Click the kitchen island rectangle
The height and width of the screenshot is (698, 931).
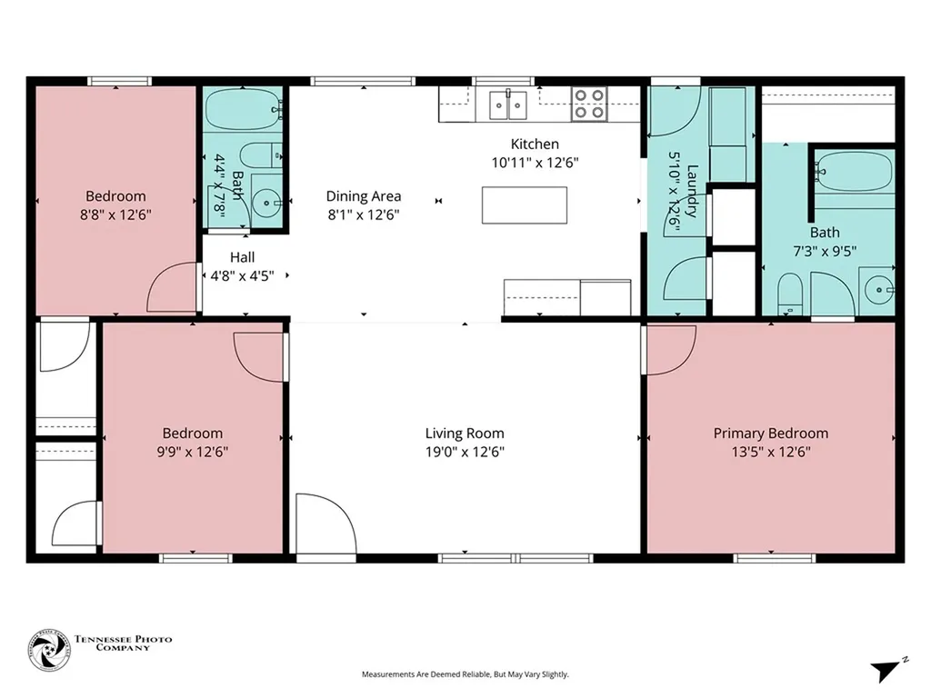coord(525,204)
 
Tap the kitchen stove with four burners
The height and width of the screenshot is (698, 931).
coord(589,104)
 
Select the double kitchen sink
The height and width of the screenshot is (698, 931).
coord(508,105)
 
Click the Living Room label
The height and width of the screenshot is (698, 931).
coord(465,434)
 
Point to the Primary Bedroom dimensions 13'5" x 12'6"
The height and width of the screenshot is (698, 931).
coord(770,452)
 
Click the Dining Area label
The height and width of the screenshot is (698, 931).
coord(364,196)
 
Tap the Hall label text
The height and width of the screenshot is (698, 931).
coord(242,257)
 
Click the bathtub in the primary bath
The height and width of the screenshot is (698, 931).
coord(854,170)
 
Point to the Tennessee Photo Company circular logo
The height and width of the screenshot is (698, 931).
coord(48,653)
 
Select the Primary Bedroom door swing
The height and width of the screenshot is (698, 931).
coord(669,347)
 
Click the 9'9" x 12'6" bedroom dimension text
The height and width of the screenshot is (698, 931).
coord(192,452)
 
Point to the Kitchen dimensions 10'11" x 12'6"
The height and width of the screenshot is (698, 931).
coord(535,163)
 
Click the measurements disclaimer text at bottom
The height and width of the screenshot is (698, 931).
coord(465,674)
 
